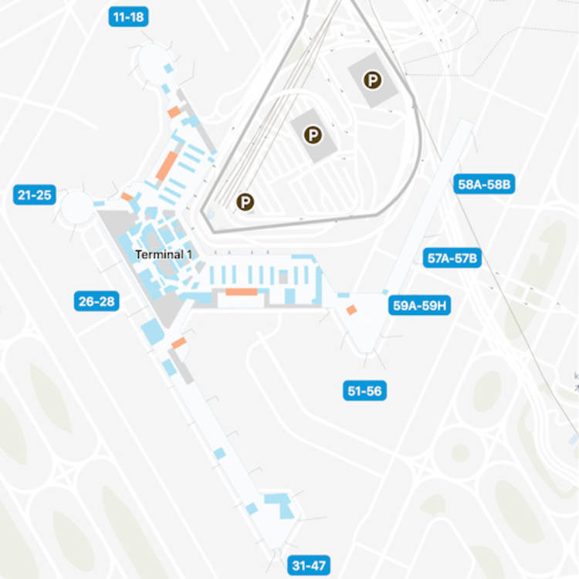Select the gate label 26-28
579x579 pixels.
point(97,301)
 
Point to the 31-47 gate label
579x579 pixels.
point(309,565)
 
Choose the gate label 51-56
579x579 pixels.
point(364,391)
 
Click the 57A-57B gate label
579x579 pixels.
point(453,258)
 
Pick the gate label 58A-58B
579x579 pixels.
point(486,185)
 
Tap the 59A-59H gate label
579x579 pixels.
point(421,306)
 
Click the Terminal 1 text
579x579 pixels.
point(164,254)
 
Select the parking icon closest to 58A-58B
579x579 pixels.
point(373,80)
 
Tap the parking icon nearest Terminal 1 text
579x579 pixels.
point(245,202)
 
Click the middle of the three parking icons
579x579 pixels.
point(312,135)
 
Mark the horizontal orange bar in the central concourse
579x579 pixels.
point(241,292)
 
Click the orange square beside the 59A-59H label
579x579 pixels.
point(351,310)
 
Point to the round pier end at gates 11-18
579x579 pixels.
point(152,57)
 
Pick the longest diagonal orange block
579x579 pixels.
point(167,165)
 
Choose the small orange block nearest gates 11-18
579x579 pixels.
point(174,112)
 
